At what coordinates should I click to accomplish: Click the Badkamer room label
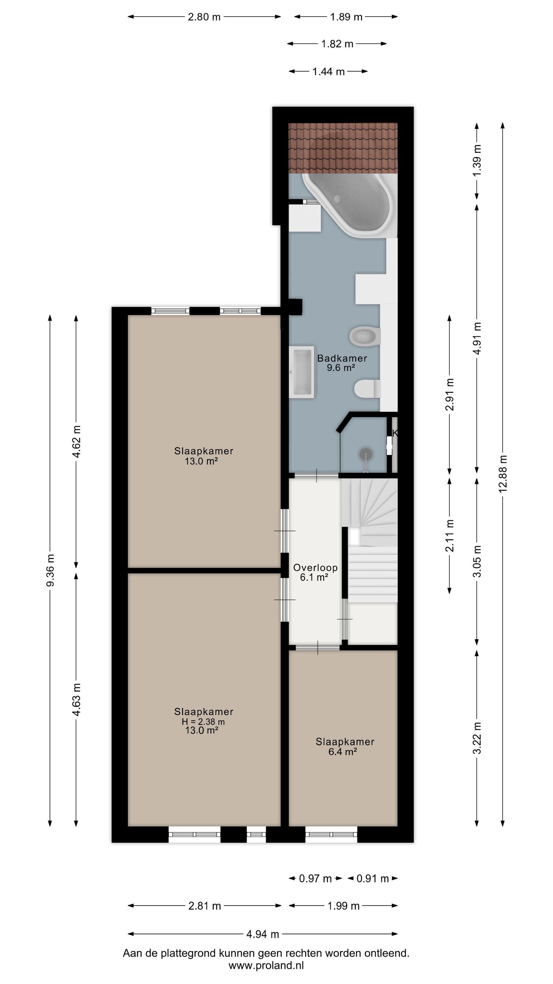tap(342, 358)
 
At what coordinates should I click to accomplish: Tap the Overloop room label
tap(315, 567)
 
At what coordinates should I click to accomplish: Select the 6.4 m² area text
tap(343, 751)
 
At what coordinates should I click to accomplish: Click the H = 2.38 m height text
tap(203, 722)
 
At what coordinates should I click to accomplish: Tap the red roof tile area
tap(343, 148)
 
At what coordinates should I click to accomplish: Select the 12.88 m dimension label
tap(503, 473)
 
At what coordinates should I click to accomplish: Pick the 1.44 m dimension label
tap(328, 71)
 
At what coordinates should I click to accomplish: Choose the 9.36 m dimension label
tap(50, 570)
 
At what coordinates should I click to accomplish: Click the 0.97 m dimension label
tap(315, 878)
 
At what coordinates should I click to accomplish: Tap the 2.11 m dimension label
tap(450, 535)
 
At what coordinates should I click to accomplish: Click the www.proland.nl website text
tap(266, 965)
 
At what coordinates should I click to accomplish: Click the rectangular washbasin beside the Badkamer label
tap(302, 372)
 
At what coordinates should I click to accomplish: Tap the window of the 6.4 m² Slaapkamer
tap(331, 834)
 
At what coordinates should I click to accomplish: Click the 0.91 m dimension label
tap(373, 878)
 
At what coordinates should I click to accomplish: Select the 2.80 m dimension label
tap(204, 17)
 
